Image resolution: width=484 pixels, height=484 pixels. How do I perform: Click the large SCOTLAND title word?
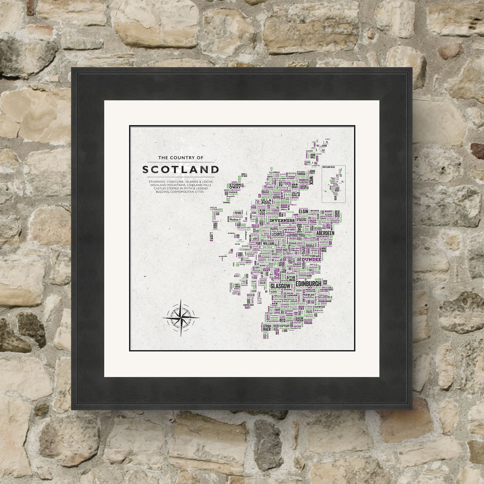(x=181, y=169)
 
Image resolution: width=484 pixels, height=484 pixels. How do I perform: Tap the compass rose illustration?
(x=181, y=317)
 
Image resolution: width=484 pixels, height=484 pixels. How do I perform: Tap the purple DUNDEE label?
(x=312, y=259)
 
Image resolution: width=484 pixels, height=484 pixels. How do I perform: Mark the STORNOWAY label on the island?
(x=236, y=187)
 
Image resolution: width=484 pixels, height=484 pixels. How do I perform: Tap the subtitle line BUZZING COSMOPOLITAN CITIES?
(x=181, y=192)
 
